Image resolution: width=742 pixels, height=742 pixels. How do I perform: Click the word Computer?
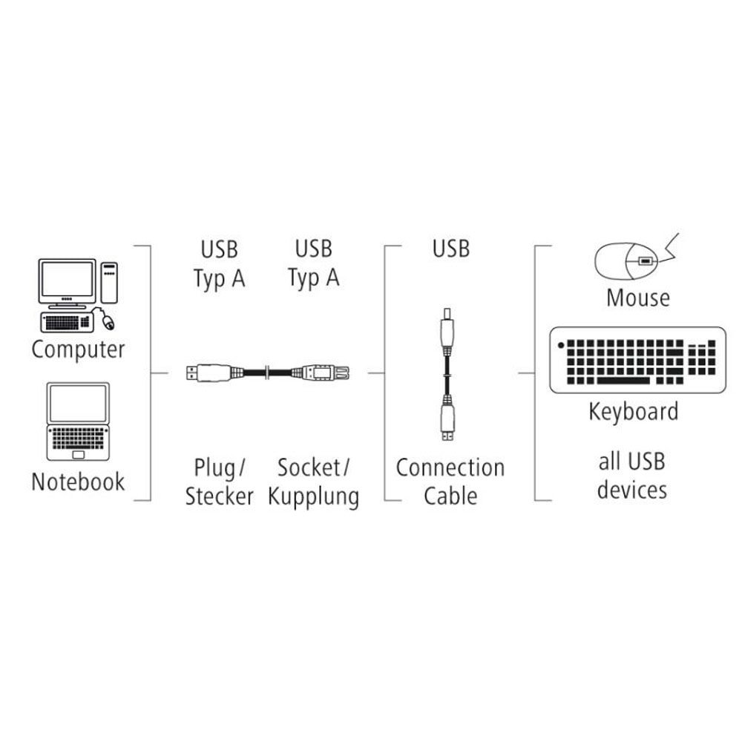point(78,350)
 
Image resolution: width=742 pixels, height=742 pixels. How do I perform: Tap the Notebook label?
point(78,482)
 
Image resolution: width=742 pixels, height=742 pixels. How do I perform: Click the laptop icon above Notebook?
point(78,421)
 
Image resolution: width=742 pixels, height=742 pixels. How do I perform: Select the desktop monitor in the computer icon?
point(68,283)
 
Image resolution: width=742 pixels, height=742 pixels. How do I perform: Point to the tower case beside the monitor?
point(109,283)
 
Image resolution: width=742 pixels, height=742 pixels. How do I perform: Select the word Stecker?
point(219,496)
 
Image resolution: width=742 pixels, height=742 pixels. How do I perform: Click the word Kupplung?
point(313,497)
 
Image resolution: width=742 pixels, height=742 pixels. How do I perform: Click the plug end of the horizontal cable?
point(209,373)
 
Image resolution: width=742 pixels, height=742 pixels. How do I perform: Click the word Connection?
point(450,468)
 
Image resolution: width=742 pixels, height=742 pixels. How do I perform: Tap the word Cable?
point(450,496)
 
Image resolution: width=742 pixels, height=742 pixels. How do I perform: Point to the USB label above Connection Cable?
point(451,249)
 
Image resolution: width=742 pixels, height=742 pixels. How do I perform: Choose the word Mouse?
point(638,298)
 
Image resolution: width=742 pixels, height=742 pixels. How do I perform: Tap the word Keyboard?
point(633,412)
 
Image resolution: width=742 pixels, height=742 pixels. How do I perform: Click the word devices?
point(631,490)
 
